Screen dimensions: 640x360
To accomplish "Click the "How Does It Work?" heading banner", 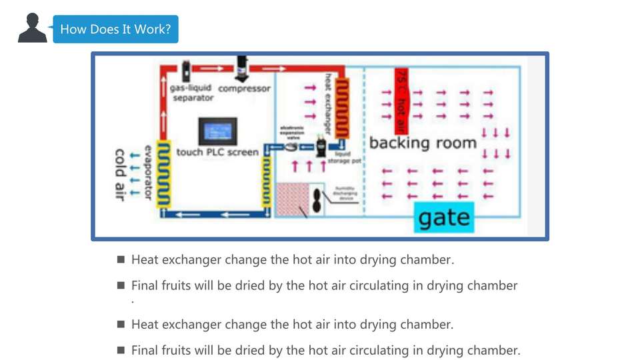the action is (115, 29).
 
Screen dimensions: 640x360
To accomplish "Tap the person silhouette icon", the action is (32, 28).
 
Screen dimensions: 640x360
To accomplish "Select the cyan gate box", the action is (443, 217).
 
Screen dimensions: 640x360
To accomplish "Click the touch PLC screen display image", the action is (217, 131).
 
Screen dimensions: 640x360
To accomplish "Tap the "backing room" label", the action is (423, 143).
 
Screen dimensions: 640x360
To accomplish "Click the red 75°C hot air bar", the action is (401, 100).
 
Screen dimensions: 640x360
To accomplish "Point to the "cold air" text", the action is (120, 175).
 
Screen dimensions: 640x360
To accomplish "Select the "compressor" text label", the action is (245, 89).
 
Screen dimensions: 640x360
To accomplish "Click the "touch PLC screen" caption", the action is (217, 152).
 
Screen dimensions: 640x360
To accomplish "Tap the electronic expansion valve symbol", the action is (292, 147).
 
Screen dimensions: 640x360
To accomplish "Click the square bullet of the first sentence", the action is (121, 259).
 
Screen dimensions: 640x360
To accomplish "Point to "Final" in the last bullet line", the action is (145, 350).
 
